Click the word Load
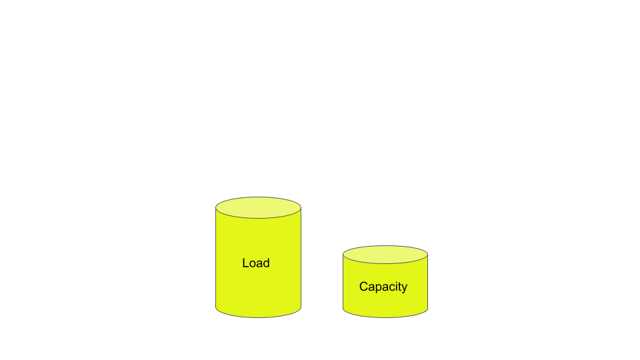[256, 263]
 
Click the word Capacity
[383, 287]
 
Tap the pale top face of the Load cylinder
[259, 207]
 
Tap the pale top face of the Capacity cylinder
[385, 254]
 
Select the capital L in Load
[245, 263]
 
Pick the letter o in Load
[253, 264]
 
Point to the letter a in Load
[259, 264]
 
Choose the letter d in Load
[266, 263]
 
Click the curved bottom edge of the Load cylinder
[259, 317]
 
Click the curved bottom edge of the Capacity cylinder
[385, 317]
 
